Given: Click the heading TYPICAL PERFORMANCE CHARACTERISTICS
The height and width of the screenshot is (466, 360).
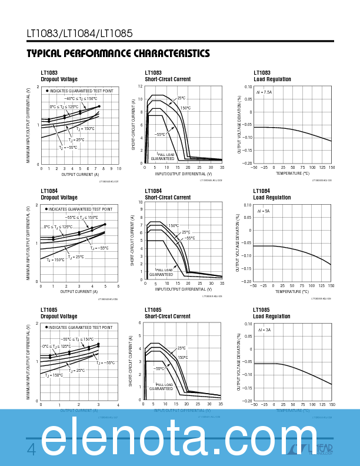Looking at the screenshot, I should [118, 54].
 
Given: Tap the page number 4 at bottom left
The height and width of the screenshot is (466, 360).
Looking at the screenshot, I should [32, 450].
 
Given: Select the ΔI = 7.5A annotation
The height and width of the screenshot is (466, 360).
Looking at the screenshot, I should [264, 92].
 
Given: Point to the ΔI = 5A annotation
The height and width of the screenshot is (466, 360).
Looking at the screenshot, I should [263, 211].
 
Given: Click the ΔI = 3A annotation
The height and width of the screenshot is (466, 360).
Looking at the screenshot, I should [264, 330].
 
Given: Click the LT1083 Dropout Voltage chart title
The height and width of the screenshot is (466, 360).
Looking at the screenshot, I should [59, 76].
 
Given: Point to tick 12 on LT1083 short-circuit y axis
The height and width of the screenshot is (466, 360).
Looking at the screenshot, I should [141, 86].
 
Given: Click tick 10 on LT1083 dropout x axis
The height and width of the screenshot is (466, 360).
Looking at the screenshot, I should [119, 168].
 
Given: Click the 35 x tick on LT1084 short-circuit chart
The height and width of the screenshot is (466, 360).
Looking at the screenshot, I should [222, 284].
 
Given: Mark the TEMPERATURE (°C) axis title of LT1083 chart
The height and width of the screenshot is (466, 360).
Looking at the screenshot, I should [292, 174].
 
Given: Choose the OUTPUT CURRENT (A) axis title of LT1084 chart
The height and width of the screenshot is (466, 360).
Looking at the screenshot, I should [79, 291].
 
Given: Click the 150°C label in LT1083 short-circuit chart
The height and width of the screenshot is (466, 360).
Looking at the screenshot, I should [185, 108].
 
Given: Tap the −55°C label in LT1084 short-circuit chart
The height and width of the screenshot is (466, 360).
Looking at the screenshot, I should [189, 238].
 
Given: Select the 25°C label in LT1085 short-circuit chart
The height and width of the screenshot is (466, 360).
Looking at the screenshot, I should [182, 348].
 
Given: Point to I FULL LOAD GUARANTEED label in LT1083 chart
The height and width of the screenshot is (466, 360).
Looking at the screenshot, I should [163, 156].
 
